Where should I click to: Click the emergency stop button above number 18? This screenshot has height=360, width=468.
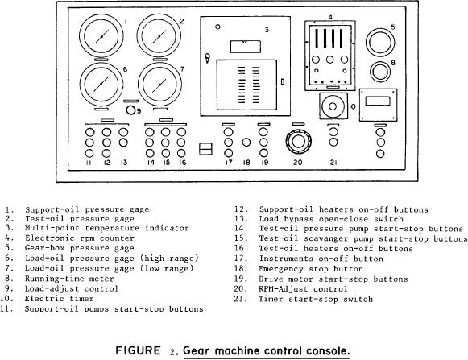[246, 143]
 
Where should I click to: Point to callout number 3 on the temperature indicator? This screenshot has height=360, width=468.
[267, 30]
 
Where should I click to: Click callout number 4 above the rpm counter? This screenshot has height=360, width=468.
[330, 17]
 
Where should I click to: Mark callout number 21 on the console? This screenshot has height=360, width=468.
[333, 163]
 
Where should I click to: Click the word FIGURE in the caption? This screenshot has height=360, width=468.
[138, 350]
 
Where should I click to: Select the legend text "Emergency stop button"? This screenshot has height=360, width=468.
[311, 269]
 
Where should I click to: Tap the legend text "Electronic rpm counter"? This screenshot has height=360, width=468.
[80, 238]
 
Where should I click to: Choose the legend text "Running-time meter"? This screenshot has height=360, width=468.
[69, 279]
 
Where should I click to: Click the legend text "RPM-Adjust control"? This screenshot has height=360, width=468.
[303, 289]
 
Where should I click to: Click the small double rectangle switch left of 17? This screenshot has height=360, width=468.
[205, 149]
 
